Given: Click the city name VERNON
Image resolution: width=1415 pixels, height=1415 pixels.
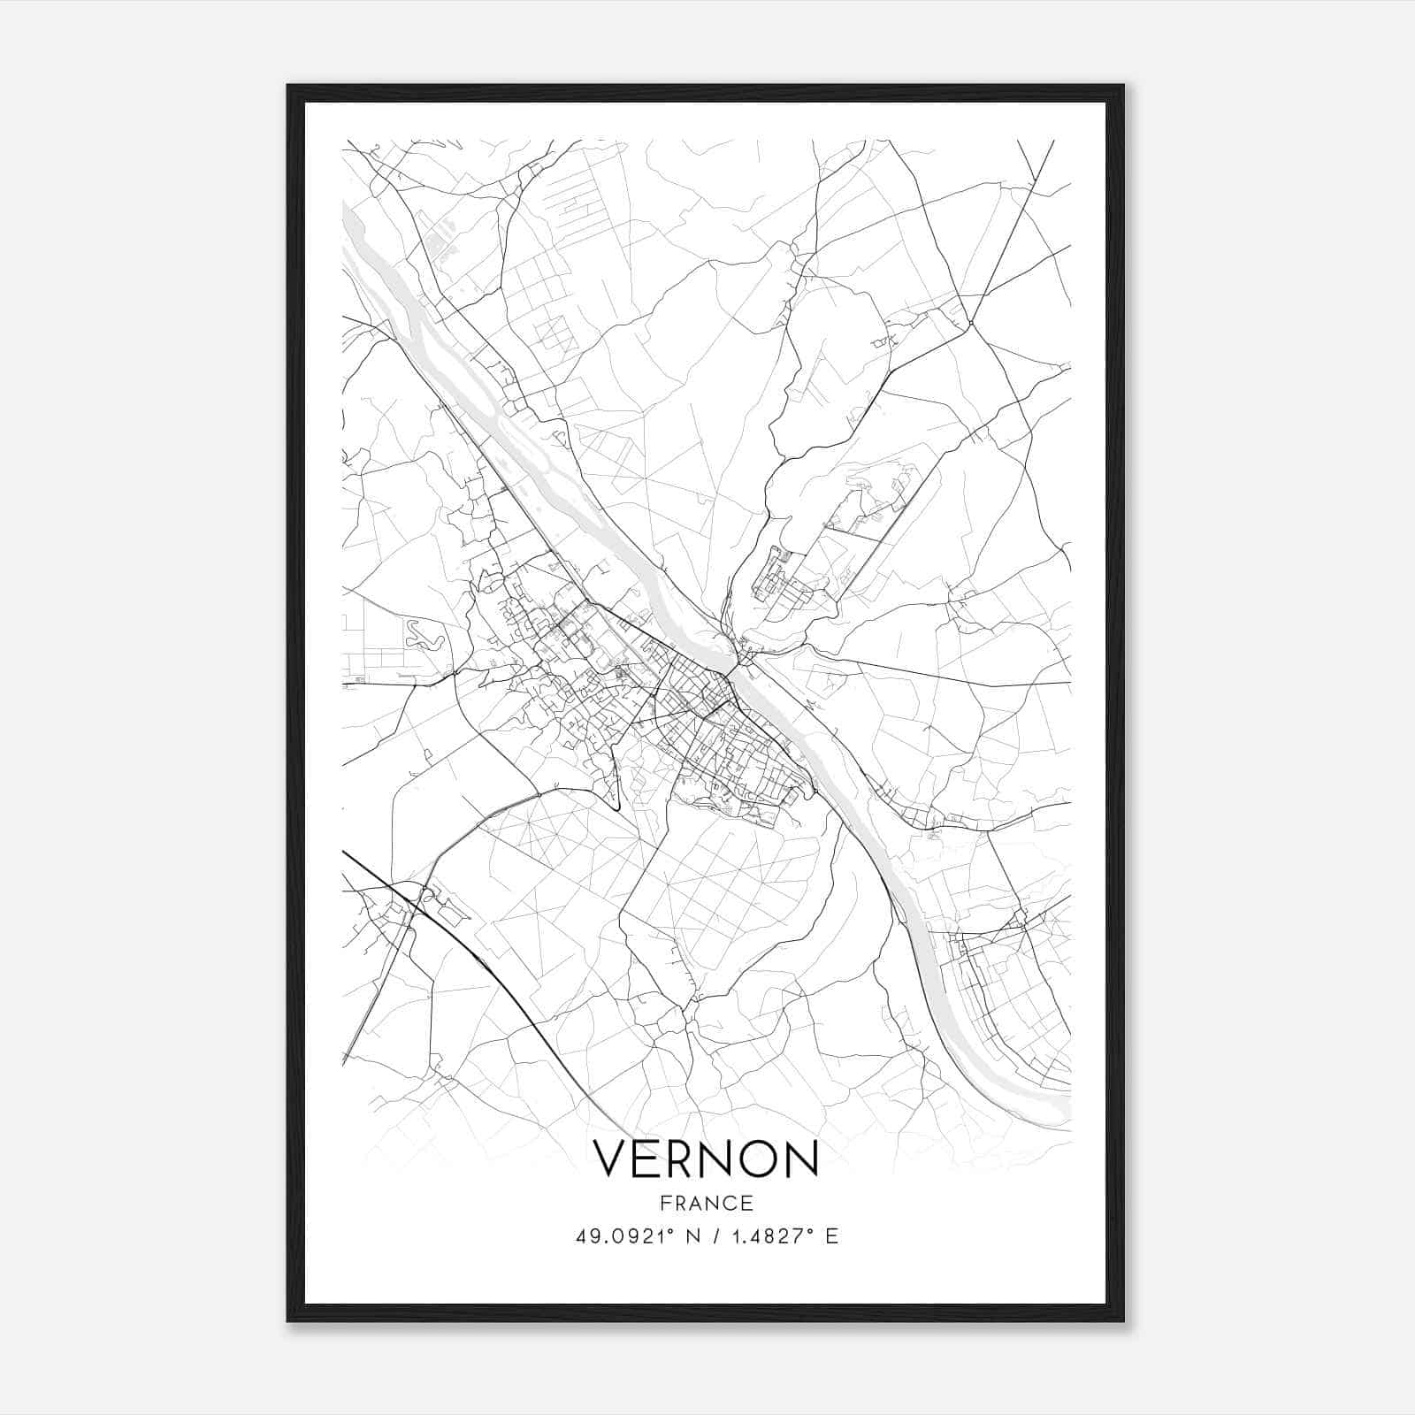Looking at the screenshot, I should [706, 1159].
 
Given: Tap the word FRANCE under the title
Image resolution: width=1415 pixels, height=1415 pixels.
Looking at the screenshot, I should [706, 1204].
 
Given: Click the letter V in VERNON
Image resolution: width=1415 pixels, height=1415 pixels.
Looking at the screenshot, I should [609, 1159].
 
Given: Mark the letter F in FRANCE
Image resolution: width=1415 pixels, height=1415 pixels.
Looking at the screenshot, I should [664, 1204].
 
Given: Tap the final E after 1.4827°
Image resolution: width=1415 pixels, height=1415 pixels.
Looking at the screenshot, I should [831, 1236].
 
